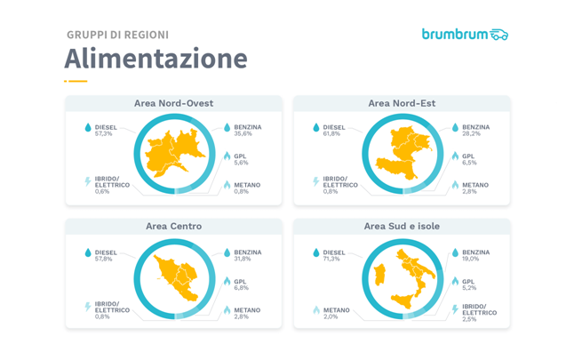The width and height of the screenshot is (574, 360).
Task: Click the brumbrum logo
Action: tap(465, 35)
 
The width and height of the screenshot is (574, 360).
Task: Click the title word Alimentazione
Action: tap(155, 59)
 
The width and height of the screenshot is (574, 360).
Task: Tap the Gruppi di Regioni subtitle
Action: tap(117, 35)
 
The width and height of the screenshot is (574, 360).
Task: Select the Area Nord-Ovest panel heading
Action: tap(173, 103)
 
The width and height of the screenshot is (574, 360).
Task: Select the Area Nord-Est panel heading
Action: tap(402, 103)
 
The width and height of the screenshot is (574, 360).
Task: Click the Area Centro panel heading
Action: tap(173, 227)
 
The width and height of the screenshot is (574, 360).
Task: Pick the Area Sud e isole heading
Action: tap(402, 227)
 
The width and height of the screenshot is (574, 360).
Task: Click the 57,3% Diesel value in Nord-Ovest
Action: tap(104, 134)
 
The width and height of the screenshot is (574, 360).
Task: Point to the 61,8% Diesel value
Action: tap(332, 134)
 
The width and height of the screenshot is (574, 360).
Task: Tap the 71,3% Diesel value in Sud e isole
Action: tap(332, 260)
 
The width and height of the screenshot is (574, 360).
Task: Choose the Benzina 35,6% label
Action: tap(247, 131)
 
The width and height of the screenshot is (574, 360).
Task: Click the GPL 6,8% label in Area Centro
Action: tap(242, 285)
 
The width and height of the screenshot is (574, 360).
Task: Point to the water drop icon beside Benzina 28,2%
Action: tap(455, 128)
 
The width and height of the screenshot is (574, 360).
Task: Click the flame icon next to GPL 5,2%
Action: tap(455, 282)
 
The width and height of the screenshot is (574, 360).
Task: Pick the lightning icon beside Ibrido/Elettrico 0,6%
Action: tap(88, 182)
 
